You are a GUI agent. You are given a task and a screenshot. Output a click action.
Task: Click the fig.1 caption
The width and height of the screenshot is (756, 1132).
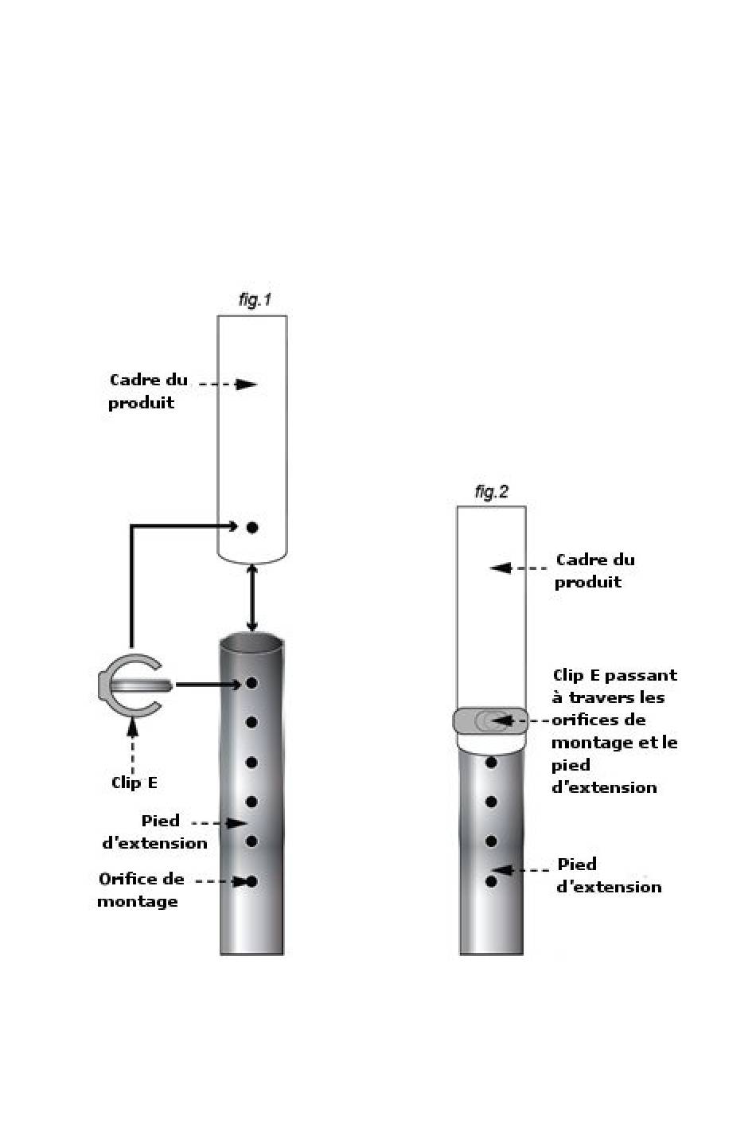point(255,300)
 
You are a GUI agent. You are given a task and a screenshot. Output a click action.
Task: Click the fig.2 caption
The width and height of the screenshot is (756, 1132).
point(491,492)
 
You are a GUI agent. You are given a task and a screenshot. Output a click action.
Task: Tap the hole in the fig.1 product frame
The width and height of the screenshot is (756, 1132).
point(252,527)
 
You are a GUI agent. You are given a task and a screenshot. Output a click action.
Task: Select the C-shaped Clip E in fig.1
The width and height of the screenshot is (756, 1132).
point(130,685)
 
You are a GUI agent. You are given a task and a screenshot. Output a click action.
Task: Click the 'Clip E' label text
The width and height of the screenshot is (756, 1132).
point(134,783)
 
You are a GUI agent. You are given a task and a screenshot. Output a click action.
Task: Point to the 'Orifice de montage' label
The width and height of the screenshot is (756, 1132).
point(141,890)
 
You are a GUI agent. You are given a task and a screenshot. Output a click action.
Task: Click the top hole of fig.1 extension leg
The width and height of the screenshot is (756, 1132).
point(252,683)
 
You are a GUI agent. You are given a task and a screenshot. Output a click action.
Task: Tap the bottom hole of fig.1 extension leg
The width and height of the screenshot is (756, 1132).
point(252,881)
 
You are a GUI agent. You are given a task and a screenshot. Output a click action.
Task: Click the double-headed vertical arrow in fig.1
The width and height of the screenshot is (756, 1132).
point(252,599)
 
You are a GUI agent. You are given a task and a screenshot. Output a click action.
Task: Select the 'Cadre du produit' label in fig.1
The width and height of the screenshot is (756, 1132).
point(148,391)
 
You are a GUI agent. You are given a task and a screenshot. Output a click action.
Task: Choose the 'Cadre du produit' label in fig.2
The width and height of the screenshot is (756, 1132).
point(594,571)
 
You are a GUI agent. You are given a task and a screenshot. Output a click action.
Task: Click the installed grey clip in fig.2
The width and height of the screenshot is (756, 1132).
point(490,720)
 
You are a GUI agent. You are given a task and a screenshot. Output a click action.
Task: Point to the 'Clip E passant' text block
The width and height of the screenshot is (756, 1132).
point(614,731)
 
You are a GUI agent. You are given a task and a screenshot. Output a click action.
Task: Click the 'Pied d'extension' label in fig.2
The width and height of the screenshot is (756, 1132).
point(609,875)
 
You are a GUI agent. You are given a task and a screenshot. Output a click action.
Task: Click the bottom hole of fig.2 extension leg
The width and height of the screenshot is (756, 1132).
point(491,881)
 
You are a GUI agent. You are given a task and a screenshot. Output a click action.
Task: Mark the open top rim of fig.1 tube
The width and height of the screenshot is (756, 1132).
point(252,642)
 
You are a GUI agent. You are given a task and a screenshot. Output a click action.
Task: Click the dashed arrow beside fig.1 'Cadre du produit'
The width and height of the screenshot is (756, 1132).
point(228,384)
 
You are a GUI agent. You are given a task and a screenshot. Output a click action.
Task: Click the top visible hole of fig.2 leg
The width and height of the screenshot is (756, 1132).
point(491,763)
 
